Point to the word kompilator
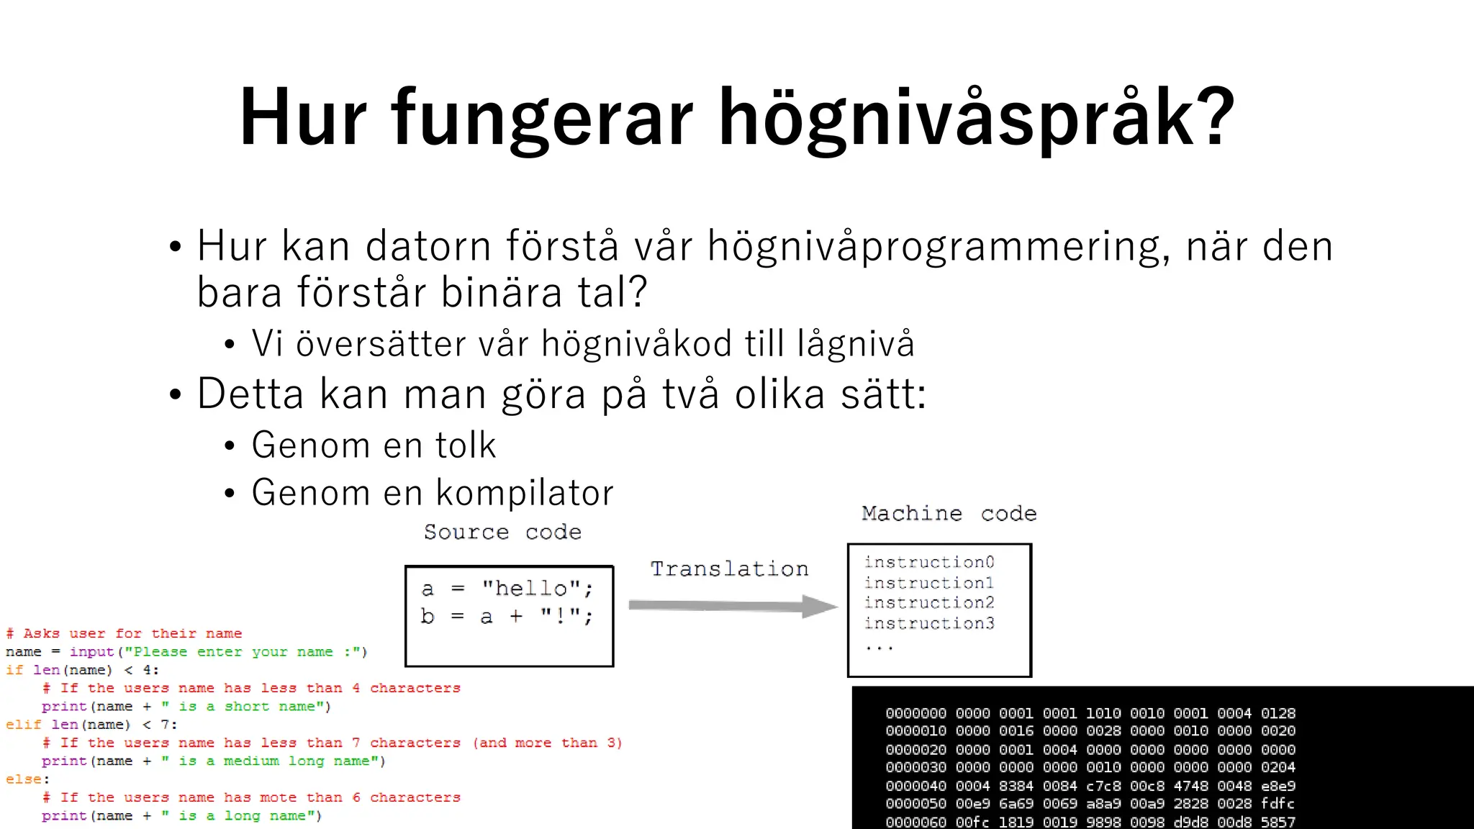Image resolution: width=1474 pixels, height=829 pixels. (x=525, y=494)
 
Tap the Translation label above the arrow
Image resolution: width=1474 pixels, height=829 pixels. (x=729, y=569)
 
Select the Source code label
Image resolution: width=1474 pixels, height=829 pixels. (x=502, y=533)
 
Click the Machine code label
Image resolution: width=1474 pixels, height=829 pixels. (x=949, y=514)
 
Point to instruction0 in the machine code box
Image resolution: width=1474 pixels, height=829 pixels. (x=929, y=562)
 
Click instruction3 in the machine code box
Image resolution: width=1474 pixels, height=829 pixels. (x=929, y=623)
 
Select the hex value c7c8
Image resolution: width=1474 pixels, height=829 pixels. (x=1103, y=786)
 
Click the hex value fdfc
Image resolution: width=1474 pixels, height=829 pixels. (x=1278, y=804)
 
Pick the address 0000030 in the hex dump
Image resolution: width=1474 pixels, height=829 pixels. (x=915, y=768)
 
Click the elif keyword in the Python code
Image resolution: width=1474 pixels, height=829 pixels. (x=23, y=725)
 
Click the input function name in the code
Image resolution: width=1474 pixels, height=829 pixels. (x=91, y=652)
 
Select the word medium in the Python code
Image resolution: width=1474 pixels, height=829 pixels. (x=250, y=761)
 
